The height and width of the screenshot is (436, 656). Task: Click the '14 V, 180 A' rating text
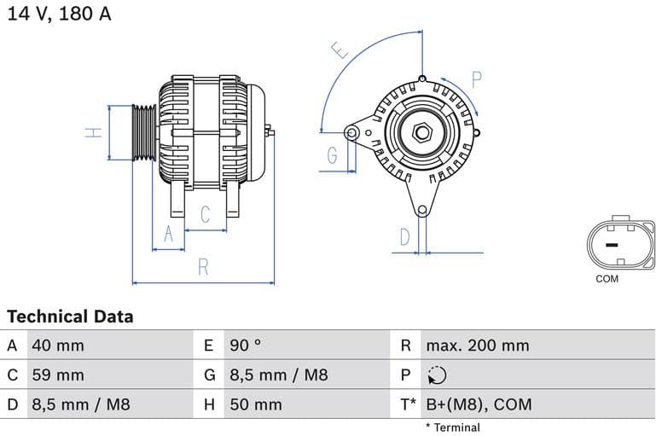pyautogui.click(x=60, y=15)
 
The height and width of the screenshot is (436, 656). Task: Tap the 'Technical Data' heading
pyautogui.click(x=71, y=317)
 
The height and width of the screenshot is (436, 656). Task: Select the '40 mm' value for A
pyautogui.click(x=57, y=346)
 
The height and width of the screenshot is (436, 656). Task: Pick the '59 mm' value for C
pyautogui.click(x=57, y=375)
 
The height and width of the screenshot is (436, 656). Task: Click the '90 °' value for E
pyautogui.click(x=246, y=346)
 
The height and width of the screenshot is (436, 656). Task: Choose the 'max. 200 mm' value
pyautogui.click(x=478, y=346)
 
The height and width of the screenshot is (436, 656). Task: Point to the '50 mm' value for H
pyautogui.click(x=255, y=404)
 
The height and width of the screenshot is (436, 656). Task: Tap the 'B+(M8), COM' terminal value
pyautogui.click(x=479, y=404)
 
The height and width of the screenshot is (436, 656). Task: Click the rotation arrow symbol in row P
pyautogui.click(x=436, y=375)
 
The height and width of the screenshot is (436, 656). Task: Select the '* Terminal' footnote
pyautogui.click(x=452, y=427)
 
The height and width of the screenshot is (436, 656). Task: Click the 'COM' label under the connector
pyautogui.click(x=607, y=279)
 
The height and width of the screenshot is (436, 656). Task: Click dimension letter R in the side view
pyautogui.click(x=203, y=267)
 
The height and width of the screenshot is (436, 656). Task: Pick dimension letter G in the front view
pyautogui.click(x=332, y=155)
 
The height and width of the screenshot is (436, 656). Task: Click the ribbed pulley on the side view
pyautogui.click(x=144, y=133)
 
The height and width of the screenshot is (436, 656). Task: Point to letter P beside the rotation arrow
pyautogui.click(x=476, y=80)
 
